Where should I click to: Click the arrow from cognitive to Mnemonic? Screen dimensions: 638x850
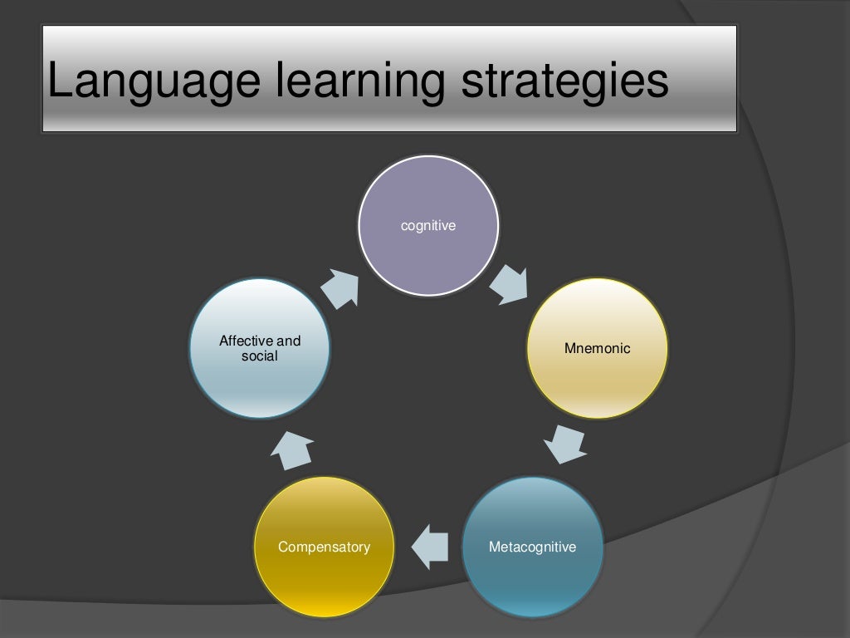point(508,284)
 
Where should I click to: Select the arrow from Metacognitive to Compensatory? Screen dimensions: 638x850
point(429,547)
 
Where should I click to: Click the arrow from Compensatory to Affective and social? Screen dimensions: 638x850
point(292,449)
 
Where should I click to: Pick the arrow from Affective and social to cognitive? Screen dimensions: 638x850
point(340,287)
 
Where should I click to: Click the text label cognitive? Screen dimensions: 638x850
point(428,225)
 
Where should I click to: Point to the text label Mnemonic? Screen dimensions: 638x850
point(598,348)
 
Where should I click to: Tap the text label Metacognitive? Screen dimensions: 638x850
point(532,547)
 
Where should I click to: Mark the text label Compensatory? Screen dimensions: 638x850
point(324,547)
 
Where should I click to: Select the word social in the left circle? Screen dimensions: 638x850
point(260,356)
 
